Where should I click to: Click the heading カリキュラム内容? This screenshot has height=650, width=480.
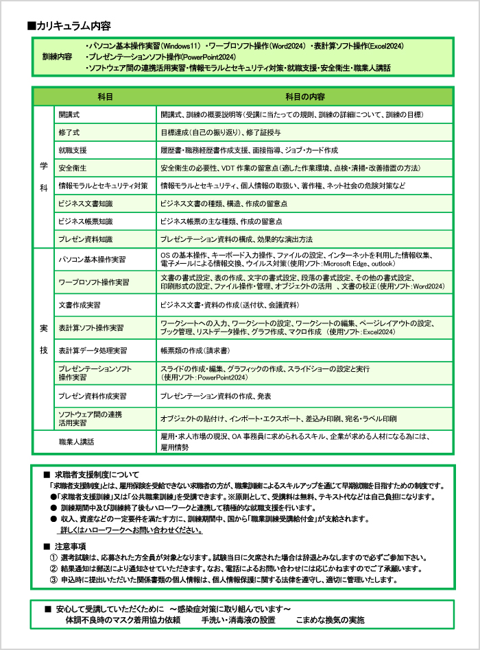73,26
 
